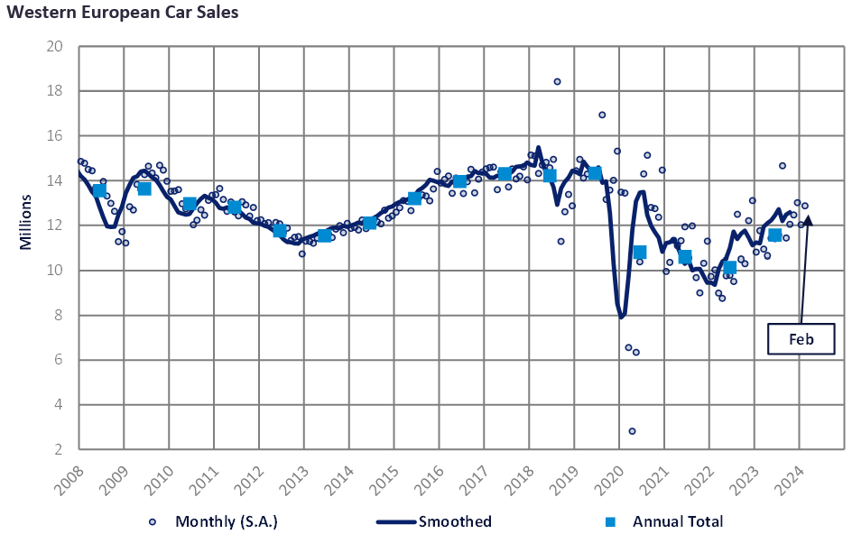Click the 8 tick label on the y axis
pyautogui.click(x=66, y=316)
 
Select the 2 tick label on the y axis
pyautogui.click(x=66, y=450)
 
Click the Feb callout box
pyautogui.click(x=801, y=339)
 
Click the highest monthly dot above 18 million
pyautogui.click(x=557, y=82)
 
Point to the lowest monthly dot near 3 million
pyautogui.click(x=632, y=431)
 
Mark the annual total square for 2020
pyautogui.click(x=640, y=253)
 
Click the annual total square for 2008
pyautogui.click(x=99, y=190)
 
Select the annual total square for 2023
pyautogui.click(x=774, y=235)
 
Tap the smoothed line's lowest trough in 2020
pyautogui.click(x=622, y=317)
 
